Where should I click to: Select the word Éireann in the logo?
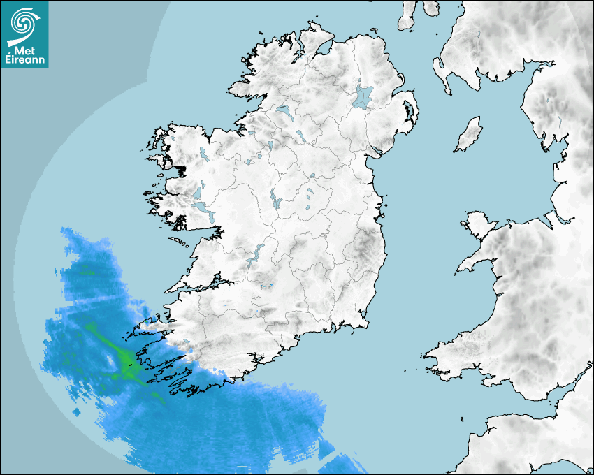[26, 61]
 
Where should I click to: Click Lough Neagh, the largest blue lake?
[363, 96]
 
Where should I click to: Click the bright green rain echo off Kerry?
[124, 362]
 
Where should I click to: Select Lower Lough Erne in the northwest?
[284, 110]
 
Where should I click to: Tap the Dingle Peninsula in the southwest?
[150, 323]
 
